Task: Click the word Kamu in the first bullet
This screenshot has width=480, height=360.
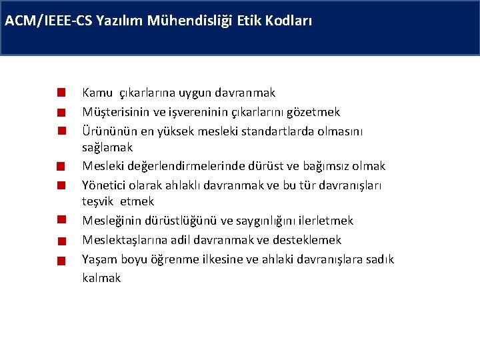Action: (x=97, y=93)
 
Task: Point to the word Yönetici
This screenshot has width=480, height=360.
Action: (x=103, y=184)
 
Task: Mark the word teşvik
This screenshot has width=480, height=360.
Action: (x=98, y=201)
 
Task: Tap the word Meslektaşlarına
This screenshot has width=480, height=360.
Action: (x=123, y=239)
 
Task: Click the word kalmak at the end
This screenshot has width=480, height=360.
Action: (x=101, y=277)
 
